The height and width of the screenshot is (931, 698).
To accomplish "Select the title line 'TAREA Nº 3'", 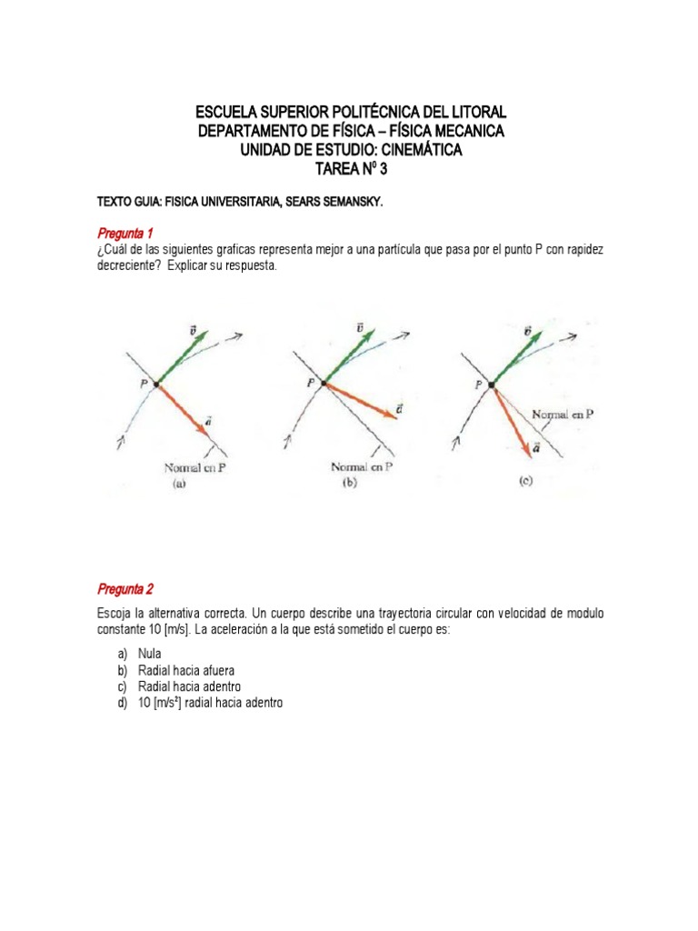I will tap(350, 169).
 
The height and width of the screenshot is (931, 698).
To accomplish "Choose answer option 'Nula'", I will tap(151, 654).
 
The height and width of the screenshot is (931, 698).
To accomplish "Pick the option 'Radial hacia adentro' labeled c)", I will tap(191, 686).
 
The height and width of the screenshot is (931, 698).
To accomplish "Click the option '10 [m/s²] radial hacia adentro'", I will tap(211, 703).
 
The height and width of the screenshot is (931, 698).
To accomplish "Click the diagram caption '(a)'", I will tap(180, 485).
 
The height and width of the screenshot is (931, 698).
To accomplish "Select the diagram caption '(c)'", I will tap(526, 483).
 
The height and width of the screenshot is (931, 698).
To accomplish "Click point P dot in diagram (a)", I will tap(156, 385).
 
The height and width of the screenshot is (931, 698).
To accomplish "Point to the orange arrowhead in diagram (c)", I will tap(526, 448).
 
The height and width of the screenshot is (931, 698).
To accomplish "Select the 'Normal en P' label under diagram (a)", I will tap(194, 468).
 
